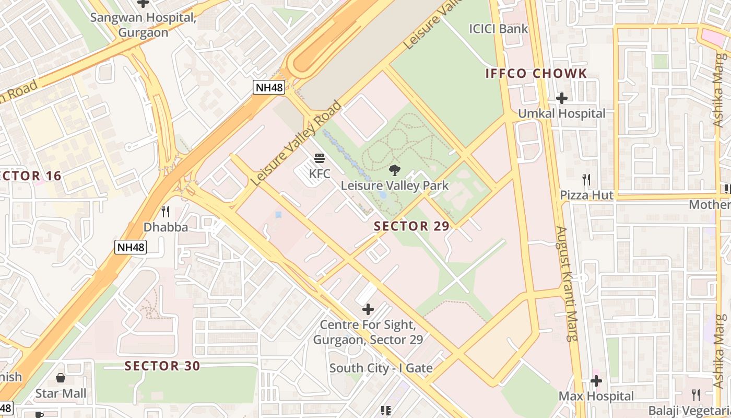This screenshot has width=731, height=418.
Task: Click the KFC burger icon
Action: [x=320, y=158]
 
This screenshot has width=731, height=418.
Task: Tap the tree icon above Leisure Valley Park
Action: [x=394, y=170]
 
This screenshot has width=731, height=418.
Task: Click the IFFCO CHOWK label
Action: [x=536, y=73]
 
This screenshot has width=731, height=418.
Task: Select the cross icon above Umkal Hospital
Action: [x=562, y=98]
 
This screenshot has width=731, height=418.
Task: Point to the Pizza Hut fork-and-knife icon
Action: [x=586, y=180]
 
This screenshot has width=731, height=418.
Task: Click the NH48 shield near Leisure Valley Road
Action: [x=269, y=87]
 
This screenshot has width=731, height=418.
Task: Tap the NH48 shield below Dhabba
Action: [x=131, y=247]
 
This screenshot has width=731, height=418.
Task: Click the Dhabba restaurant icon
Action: [x=166, y=212]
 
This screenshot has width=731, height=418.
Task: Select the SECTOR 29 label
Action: [x=411, y=226]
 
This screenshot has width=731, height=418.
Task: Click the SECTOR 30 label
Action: [x=162, y=366]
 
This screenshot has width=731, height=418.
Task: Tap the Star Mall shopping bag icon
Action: [x=61, y=377]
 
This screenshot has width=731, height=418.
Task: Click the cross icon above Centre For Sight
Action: [x=368, y=309]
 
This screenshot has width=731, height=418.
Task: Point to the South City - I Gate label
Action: [x=381, y=368]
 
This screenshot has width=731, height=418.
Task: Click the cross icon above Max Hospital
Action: [x=596, y=381]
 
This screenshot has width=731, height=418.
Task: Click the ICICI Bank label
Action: [x=499, y=29]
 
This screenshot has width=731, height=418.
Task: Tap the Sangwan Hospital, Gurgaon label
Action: [x=143, y=25]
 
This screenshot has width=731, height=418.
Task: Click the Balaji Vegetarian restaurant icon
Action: [x=696, y=394]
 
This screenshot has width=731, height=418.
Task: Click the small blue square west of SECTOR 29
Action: [x=278, y=215]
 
